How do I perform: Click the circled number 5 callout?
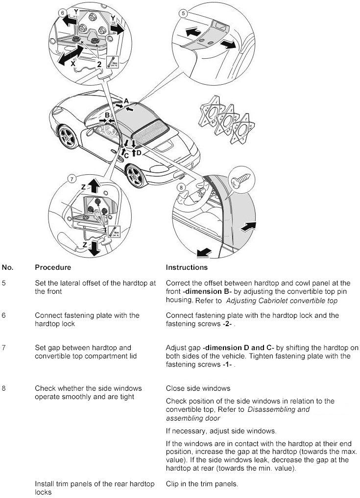coord(183,14)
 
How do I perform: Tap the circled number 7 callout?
coord(72,179)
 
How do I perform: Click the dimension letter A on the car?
coord(126,101)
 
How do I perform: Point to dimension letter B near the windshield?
coord(107,116)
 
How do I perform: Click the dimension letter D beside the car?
coord(139,153)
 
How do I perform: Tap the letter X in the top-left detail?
coord(73,63)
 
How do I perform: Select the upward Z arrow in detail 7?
coord(95,185)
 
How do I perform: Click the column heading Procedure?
coord(53,267)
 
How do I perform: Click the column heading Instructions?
coord(187,267)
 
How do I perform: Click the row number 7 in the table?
coord(4,348)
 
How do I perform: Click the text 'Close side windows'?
coord(198,388)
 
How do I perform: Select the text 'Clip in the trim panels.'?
coord(202,484)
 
